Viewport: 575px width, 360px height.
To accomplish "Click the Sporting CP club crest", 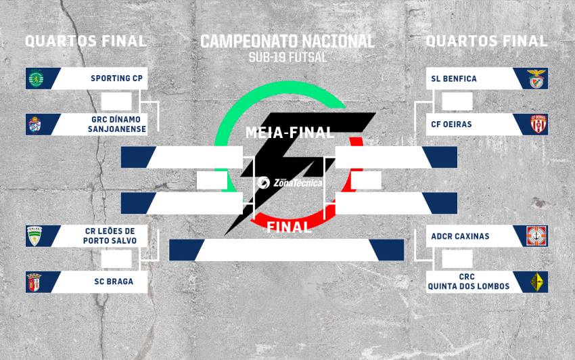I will (x=34, y=78).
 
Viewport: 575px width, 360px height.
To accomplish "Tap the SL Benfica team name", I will (x=454, y=78).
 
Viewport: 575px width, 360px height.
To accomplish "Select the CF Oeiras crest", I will (x=538, y=125).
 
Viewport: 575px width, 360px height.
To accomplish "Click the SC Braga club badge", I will (x=34, y=282).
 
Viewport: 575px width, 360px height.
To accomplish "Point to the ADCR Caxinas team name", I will (x=460, y=236).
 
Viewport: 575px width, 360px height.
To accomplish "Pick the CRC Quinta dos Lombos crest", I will (x=538, y=282).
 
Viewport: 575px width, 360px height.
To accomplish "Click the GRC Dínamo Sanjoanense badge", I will (x=34, y=125).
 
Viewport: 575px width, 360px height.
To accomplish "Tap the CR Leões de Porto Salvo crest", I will (x=34, y=236).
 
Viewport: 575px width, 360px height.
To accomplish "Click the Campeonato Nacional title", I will (x=287, y=41).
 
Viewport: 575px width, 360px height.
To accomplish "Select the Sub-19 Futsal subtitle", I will (x=287, y=57).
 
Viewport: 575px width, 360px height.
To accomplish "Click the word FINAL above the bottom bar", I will (x=289, y=227).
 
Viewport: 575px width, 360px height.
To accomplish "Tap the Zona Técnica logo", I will (x=290, y=182).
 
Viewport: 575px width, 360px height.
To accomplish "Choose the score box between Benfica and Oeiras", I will (x=457, y=102).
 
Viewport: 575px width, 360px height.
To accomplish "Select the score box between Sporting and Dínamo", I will (x=116, y=102).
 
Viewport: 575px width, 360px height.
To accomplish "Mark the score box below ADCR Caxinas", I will (x=457, y=259).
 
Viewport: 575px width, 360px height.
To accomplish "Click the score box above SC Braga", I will (x=116, y=259).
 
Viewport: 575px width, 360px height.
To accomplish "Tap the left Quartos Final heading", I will (x=86, y=41).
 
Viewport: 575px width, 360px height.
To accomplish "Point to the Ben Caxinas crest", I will (x=538, y=236).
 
